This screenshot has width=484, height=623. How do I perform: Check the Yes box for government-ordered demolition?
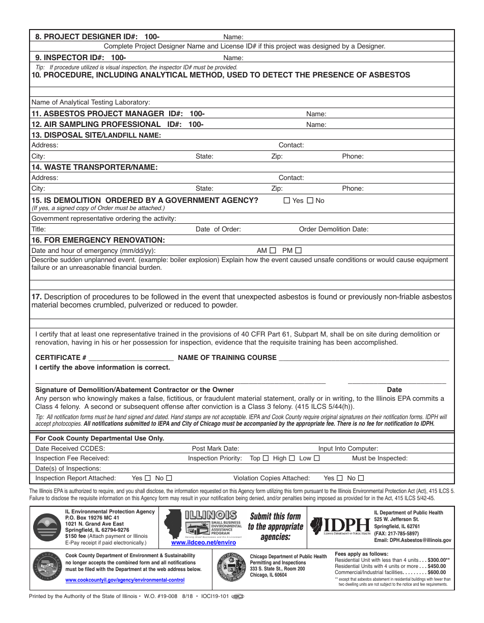coord(287,200)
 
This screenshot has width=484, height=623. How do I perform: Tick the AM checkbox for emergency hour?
coord(273,250)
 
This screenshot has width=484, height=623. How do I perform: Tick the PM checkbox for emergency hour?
coord(299,250)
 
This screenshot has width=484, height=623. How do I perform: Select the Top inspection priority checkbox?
coord(266,458)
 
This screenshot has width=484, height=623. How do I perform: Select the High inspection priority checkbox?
coord(292,458)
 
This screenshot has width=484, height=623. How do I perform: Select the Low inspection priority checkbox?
coord(317,458)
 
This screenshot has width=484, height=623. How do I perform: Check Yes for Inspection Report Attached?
coord(148,478)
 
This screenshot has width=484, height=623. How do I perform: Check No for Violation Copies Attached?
coord(361,478)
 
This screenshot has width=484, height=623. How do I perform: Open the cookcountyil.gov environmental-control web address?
coord(125,580)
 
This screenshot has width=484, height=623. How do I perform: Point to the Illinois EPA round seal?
coord(47,527)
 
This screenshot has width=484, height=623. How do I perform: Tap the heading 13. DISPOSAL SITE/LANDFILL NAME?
coord(96,135)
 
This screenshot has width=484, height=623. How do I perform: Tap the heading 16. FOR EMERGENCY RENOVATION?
coord(98,240)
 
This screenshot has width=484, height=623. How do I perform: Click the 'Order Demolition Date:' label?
coord(333,229)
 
